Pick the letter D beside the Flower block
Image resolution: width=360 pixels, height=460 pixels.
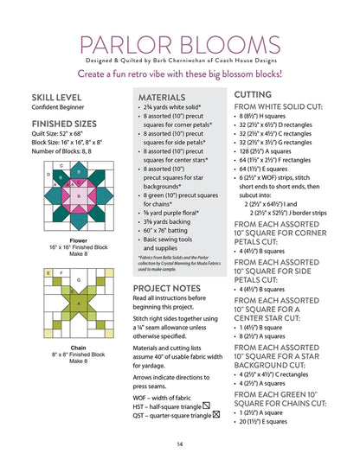coord(48,175)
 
